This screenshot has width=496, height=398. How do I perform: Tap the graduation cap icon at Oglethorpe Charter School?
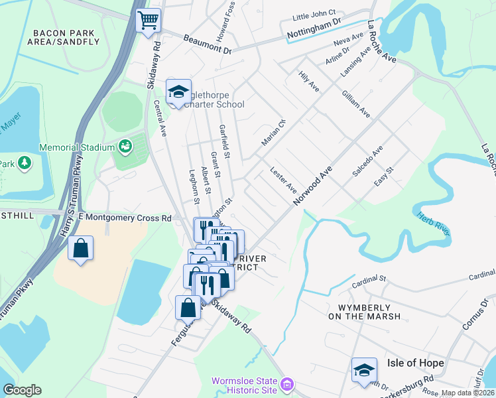tap(178, 92)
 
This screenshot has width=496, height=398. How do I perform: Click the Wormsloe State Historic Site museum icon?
tap(286, 384)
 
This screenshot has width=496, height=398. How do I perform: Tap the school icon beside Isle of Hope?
tap(364, 371)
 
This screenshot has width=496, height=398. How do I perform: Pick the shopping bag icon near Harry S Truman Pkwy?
tap(80, 249)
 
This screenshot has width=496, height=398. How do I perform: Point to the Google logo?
tap(22, 390)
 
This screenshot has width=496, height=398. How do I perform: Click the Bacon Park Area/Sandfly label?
tap(66, 37)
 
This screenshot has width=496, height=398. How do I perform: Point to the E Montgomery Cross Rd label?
tap(125, 218)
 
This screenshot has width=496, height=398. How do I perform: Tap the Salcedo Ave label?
tap(367, 161)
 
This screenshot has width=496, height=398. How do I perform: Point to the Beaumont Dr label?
tap(207, 47)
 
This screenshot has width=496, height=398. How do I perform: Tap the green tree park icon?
tap(25, 163)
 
